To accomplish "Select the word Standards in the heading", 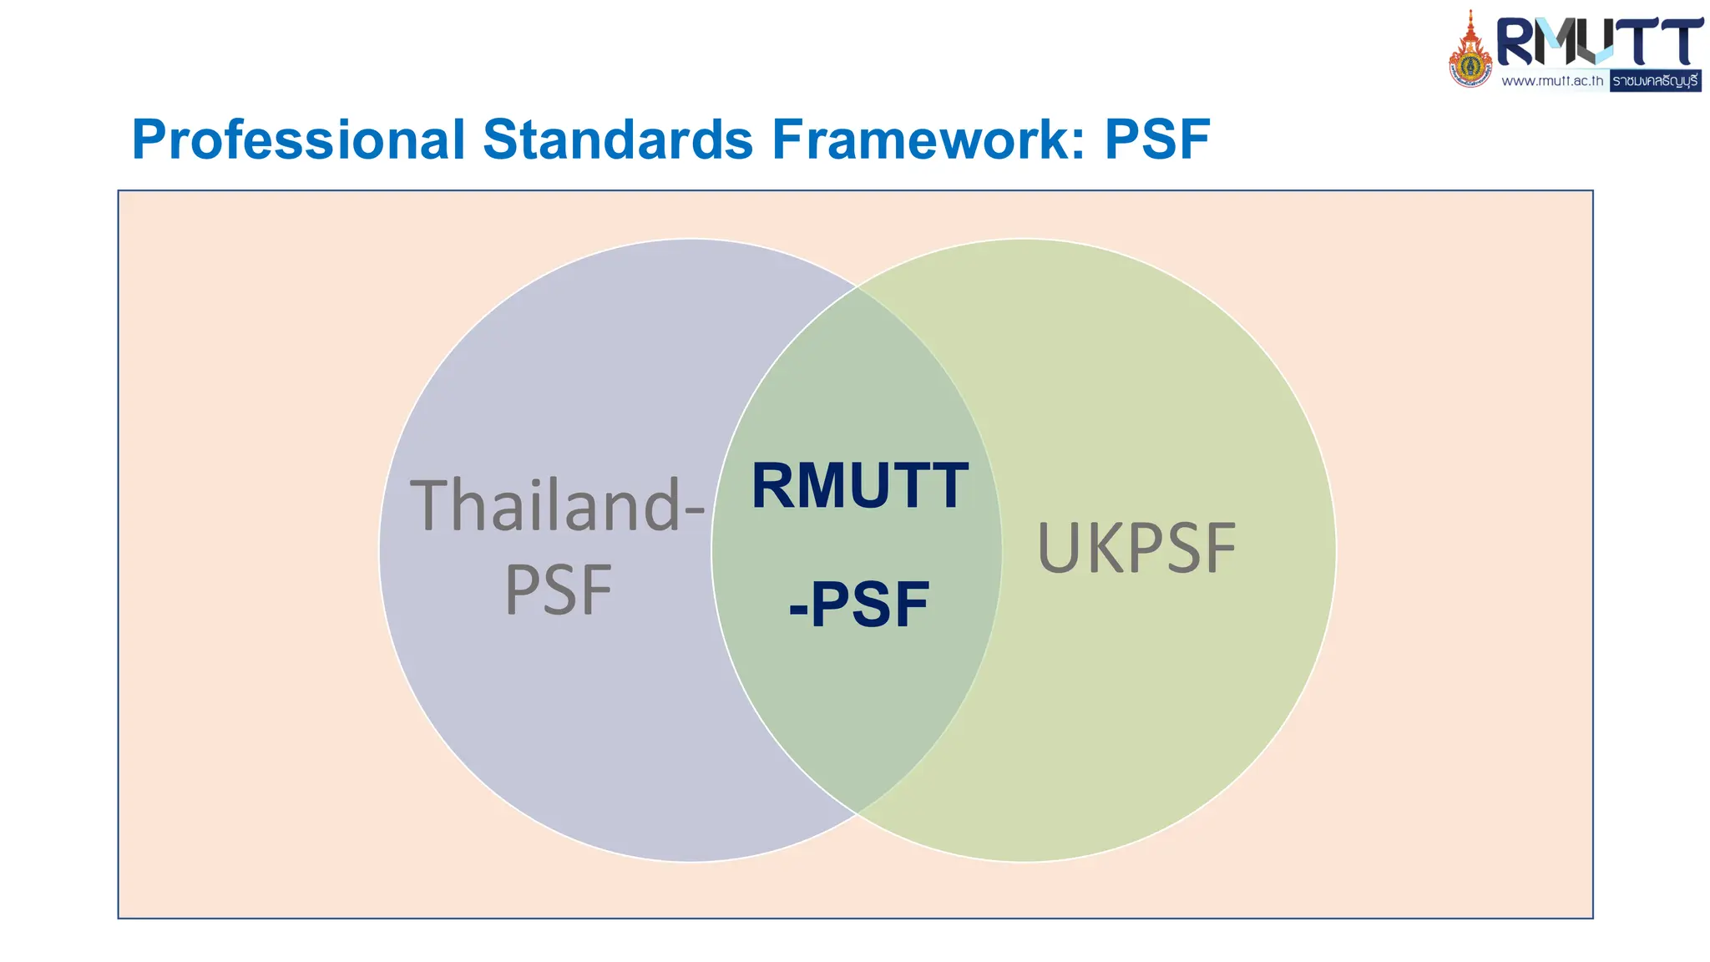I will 618,139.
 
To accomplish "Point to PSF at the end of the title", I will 1157,139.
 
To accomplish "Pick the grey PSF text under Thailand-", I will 559,590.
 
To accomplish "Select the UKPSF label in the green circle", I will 1136,549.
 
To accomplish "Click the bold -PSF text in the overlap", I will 859,605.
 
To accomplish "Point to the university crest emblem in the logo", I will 1470,52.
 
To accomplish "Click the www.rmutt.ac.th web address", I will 1552,81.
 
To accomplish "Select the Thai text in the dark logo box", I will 1655,81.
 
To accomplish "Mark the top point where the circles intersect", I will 858,286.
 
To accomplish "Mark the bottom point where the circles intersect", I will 858,813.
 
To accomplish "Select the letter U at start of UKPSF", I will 1058,549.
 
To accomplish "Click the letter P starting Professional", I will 150,139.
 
